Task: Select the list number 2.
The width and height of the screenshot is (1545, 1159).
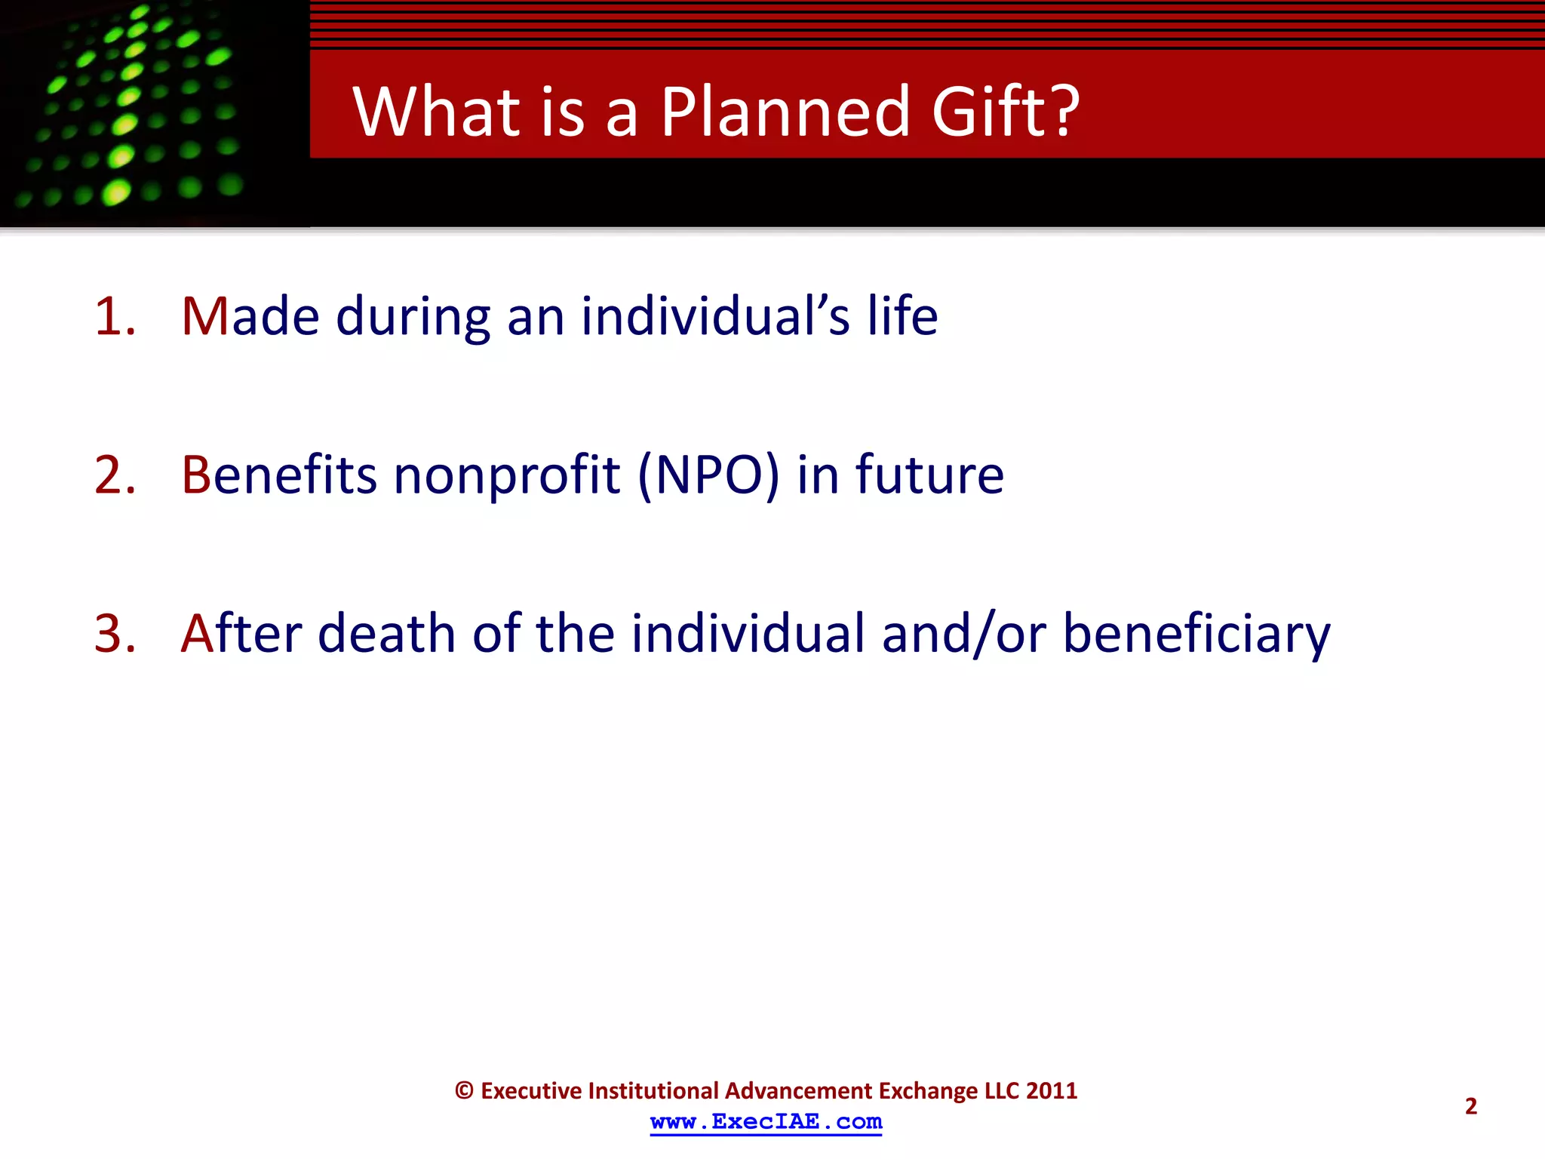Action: point(115,475)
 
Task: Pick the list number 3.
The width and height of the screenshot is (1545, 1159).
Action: point(115,633)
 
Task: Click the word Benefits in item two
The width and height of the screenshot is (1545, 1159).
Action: point(278,475)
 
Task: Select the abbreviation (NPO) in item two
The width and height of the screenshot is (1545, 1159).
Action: point(708,475)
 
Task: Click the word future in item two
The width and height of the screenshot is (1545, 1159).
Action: point(929,475)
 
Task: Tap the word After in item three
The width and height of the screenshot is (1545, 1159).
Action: point(241,633)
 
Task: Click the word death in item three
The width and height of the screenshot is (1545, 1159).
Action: point(386,633)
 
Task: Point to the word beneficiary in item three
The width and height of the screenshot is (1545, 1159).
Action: point(1196,633)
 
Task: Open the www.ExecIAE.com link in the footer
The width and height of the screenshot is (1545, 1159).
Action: point(766,1122)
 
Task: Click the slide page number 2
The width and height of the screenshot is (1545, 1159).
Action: point(1470,1106)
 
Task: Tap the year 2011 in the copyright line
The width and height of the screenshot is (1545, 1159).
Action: point(1052,1090)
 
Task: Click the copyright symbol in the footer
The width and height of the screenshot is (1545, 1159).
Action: point(464,1091)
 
